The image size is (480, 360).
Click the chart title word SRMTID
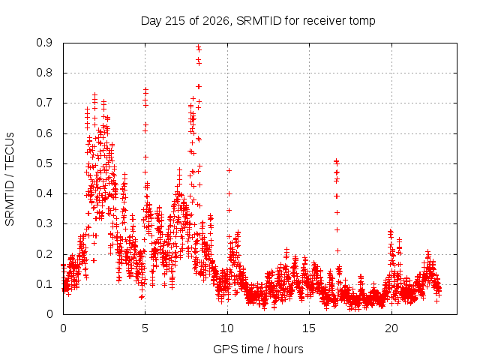(259, 21)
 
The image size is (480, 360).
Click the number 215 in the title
(175, 21)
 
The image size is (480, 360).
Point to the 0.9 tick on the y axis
(44, 43)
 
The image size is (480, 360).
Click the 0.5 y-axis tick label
(44, 163)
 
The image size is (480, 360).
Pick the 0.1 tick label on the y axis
(44, 284)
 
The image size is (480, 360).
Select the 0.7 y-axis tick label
(44, 103)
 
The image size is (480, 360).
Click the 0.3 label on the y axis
(44, 223)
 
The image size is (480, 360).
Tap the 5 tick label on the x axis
(145, 328)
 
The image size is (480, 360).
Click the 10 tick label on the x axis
(227, 328)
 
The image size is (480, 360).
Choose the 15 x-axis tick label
(309, 328)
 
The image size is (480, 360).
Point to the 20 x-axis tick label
(391, 328)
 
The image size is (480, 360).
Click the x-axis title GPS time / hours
(258, 349)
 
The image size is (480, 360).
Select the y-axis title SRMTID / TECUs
(10, 179)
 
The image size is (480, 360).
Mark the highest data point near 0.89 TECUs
(198, 47)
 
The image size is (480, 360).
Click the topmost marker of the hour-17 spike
(337, 161)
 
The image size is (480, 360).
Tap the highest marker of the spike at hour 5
(145, 90)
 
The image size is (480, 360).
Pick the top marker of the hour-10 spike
(229, 170)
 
